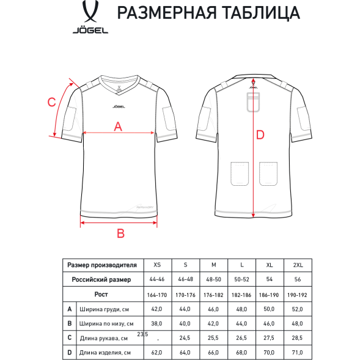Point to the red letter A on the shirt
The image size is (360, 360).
click(119, 127)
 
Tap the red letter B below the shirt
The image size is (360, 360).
click(120, 232)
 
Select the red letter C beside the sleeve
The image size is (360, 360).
click(52, 102)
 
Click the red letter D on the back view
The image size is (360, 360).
click(260, 135)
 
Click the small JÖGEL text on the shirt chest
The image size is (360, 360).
click(119, 105)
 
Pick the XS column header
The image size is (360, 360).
click(157, 265)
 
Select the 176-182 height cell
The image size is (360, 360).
click(213, 295)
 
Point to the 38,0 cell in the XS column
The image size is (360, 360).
click(157, 324)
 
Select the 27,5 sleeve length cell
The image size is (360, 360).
click(269, 338)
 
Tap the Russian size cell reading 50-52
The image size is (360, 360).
click(241, 280)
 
